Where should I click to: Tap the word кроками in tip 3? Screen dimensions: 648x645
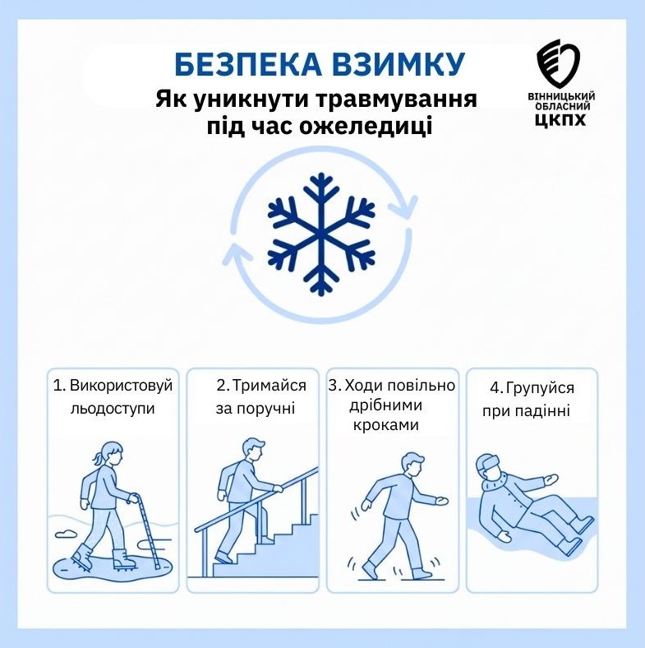point(385,425)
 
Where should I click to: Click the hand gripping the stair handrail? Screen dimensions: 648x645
point(277,489)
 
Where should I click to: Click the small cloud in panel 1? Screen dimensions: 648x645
point(67,532)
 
